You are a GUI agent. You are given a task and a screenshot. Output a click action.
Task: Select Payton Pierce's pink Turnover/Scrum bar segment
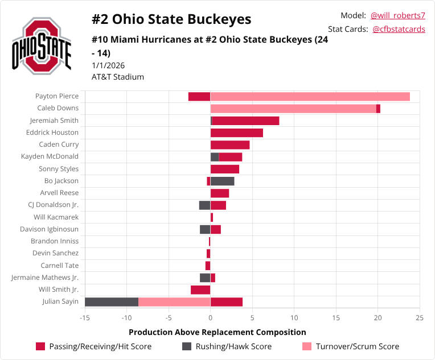(310, 96)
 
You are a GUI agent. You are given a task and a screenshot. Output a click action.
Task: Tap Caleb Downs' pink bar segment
(293, 109)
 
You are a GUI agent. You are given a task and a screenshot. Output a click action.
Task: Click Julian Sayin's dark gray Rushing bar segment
(112, 302)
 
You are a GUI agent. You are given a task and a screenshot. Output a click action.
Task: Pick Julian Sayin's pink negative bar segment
(174, 302)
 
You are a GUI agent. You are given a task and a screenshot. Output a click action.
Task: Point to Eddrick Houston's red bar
(237, 133)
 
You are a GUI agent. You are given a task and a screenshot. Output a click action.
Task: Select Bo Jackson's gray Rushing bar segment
(223, 181)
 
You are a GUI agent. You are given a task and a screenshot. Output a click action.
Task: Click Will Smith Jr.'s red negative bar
(200, 290)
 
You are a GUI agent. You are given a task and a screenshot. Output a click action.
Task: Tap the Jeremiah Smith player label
(54, 121)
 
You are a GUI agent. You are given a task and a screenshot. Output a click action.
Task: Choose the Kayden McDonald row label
(50, 156)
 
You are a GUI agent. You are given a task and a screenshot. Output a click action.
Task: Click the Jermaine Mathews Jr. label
(45, 278)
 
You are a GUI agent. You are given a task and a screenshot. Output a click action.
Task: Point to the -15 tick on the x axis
(85, 317)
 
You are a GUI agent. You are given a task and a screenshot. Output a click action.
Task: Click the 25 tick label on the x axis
(420, 317)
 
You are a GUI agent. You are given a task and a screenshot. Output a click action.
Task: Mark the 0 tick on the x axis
(211, 317)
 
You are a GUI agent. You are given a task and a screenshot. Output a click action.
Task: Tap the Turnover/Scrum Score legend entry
(350, 346)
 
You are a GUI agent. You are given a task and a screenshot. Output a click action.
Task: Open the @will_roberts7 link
(398, 15)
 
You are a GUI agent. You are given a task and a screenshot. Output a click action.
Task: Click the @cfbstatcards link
(399, 29)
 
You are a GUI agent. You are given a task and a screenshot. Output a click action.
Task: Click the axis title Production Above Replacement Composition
(217, 332)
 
